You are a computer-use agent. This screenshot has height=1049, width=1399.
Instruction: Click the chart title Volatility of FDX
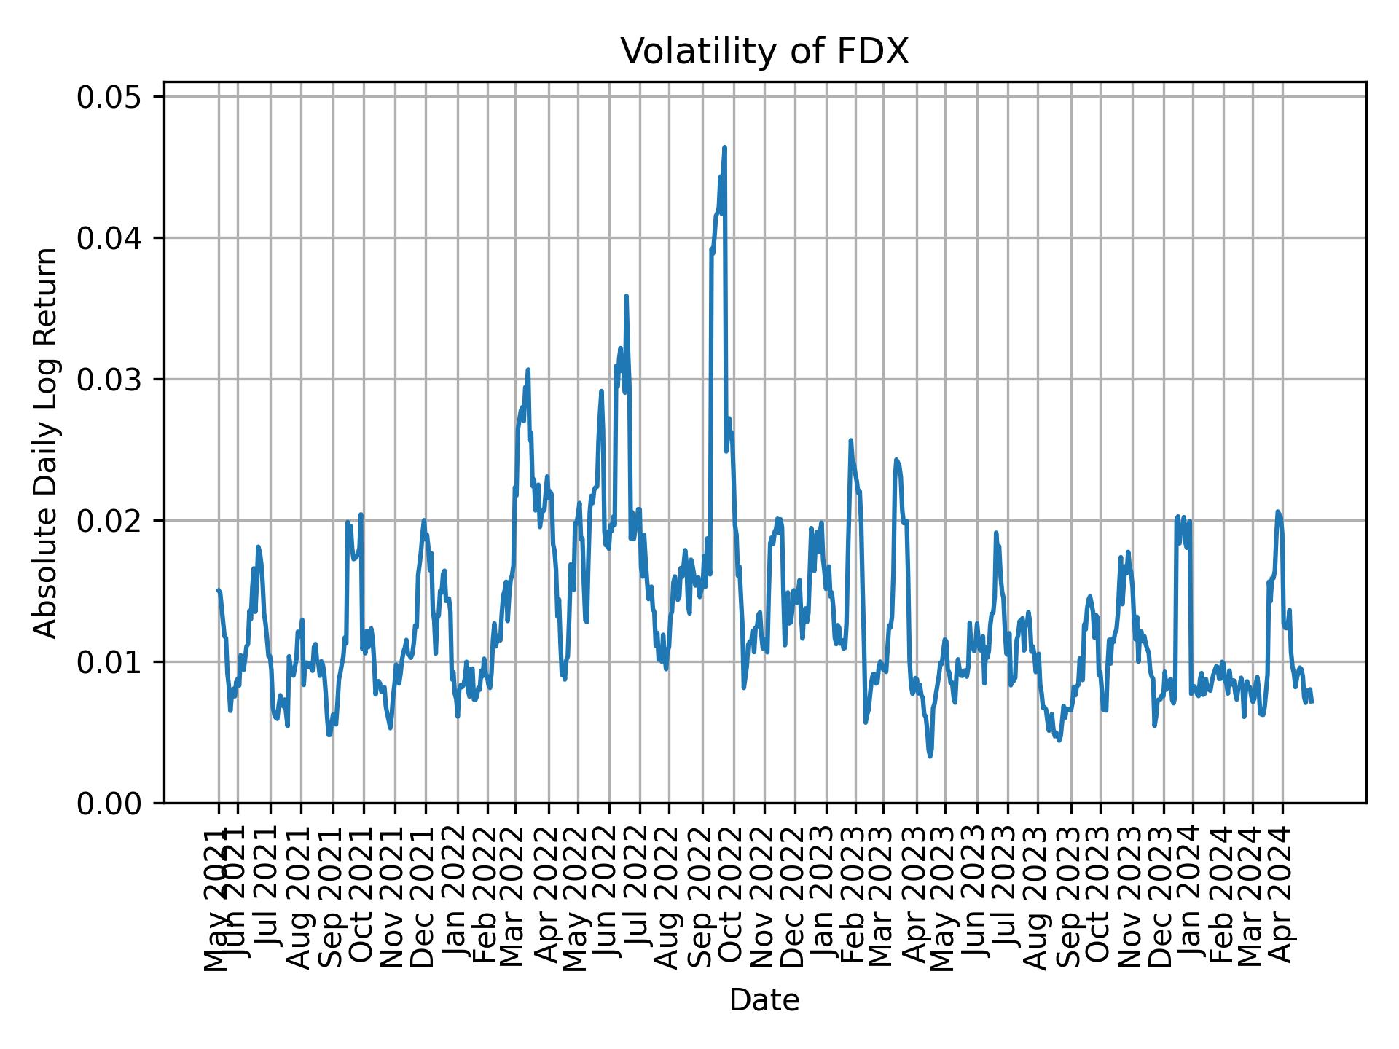pos(764,52)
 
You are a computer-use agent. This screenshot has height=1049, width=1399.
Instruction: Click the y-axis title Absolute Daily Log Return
pos(47,441)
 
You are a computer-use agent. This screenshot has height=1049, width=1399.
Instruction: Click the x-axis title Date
pos(764,1001)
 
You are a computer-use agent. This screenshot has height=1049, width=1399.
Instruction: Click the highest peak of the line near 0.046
pos(724,148)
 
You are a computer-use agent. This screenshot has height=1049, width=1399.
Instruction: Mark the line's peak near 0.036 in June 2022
pos(626,296)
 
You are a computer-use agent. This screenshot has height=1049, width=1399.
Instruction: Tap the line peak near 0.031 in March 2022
pos(528,370)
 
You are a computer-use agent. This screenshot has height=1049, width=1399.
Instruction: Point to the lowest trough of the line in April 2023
pos(930,756)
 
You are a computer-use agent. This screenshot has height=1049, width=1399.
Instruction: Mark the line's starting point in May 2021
pos(218,591)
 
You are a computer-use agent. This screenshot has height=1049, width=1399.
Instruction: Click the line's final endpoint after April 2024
pos(1312,702)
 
